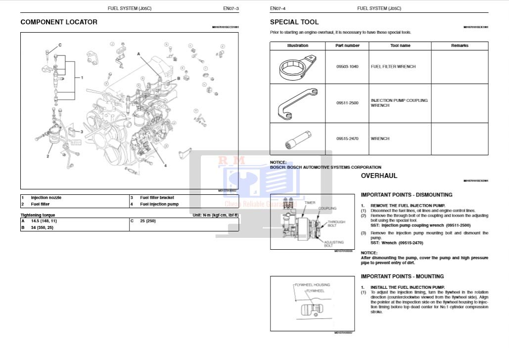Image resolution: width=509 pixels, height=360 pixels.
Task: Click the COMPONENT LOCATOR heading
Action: pos(59,22)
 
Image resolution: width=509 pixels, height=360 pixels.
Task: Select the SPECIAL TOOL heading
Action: pos(294,22)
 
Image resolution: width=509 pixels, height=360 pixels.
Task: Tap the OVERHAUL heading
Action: pos(379,176)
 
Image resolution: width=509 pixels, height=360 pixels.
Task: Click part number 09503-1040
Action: pos(347,67)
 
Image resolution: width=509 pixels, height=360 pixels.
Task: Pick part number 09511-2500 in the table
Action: pos(347,103)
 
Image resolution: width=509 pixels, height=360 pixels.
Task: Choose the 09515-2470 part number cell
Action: pos(347,139)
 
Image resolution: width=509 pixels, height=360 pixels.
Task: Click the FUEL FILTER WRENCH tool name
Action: pos(393,67)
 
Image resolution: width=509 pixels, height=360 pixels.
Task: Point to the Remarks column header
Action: pos(460,45)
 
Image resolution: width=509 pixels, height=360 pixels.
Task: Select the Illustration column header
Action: pos(297,45)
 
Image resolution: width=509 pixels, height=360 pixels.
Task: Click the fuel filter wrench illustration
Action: pos(297,67)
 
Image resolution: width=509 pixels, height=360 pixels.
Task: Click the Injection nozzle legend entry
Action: pos(46,197)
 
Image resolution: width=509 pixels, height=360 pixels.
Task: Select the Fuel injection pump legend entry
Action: pos(159,204)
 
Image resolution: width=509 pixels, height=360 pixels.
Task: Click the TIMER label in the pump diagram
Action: pos(310,203)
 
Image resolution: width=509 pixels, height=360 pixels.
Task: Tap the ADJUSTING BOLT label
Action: pos(334,243)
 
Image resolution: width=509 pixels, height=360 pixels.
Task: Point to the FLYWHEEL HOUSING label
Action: pos(312,285)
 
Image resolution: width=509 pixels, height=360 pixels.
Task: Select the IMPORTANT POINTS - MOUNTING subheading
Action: pos(402,276)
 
